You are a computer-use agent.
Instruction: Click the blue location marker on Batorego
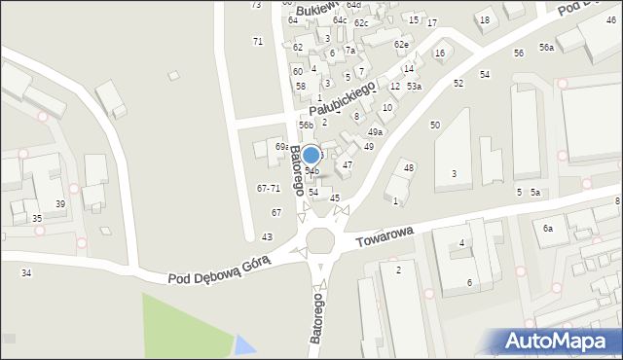311,155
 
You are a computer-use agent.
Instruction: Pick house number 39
60,203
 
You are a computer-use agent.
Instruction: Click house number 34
26,272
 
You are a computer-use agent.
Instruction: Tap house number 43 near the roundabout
267,237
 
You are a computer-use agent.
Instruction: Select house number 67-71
269,188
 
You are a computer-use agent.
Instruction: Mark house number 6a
548,228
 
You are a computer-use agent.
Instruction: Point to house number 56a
547,48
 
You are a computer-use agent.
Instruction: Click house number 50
435,125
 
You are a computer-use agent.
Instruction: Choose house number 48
409,167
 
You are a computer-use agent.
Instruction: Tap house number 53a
415,87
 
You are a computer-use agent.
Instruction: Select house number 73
256,5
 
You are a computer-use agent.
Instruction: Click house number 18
484,19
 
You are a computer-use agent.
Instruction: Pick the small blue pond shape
245,344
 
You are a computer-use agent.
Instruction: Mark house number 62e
400,44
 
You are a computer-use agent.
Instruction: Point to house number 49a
375,131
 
